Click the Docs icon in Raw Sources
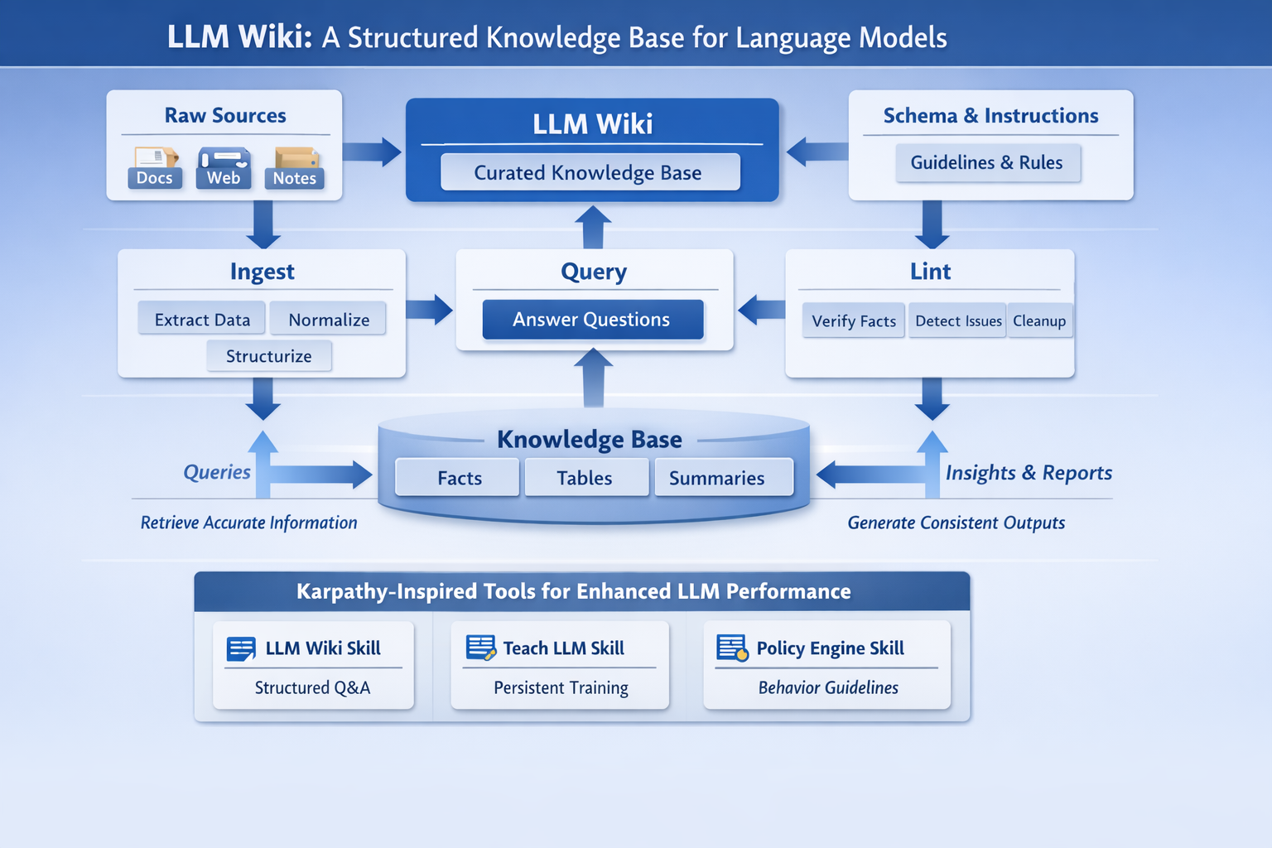tap(155, 166)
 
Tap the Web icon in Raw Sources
tap(224, 166)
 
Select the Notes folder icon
tap(295, 166)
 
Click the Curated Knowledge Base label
tap(589, 172)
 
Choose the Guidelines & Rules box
tap(987, 162)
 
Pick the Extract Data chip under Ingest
tap(202, 320)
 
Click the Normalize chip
tap(329, 320)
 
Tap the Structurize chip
tap(269, 356)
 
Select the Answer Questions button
tap(592, 320)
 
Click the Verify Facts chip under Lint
tap(853, 321)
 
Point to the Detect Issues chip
tap(958, 321)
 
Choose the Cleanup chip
tap(1039, 321)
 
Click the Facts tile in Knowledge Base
tap(459, 478)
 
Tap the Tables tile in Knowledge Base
tap(585, 478)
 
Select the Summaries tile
tap(717, 478)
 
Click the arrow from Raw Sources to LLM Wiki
tap(372, 152)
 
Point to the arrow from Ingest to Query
tap(429, 310)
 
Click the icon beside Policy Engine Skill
tap(732, 648)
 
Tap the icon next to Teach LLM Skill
tap(480, 648)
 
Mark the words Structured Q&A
tap(312, 687)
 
